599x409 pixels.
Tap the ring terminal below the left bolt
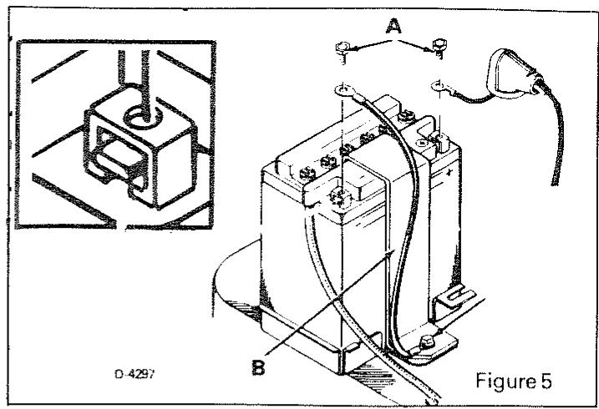click(x=341, y=87)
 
